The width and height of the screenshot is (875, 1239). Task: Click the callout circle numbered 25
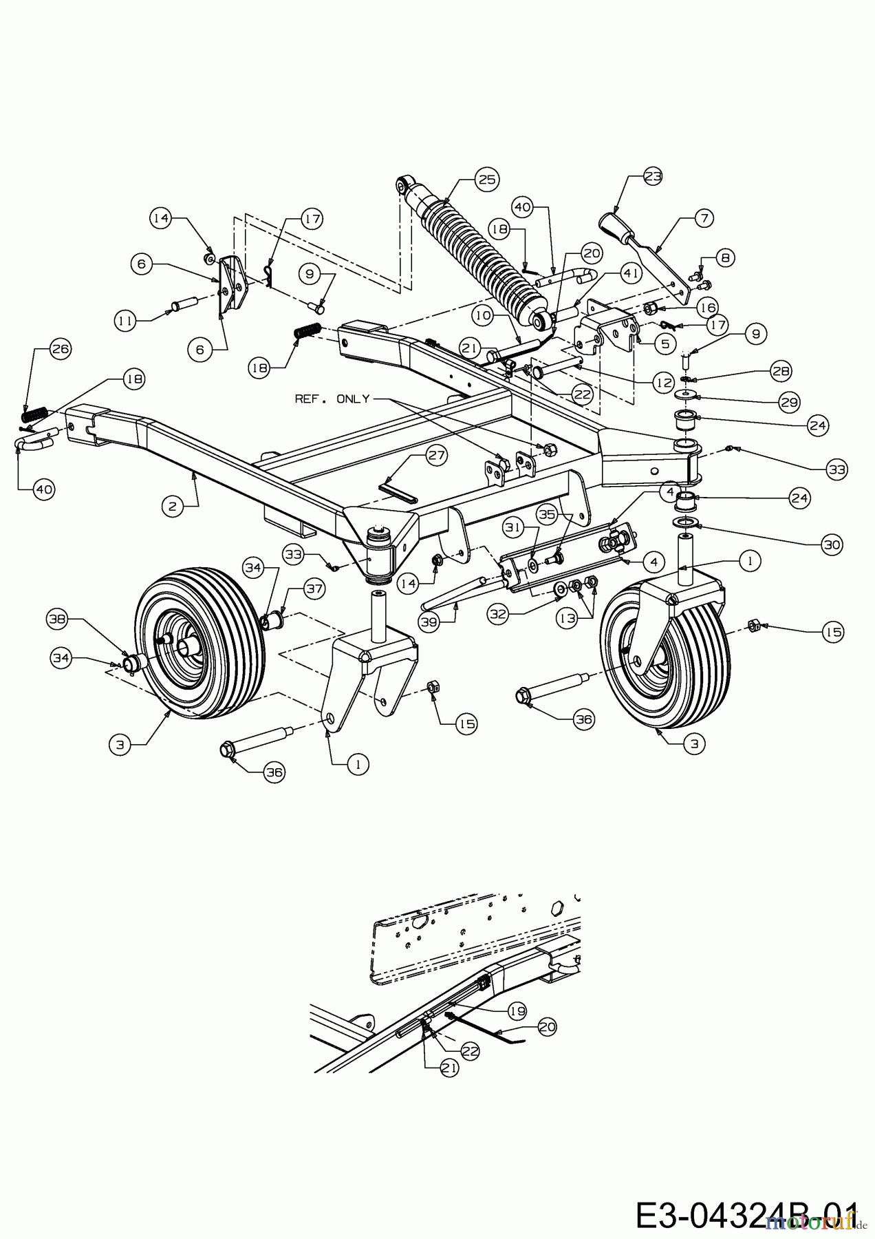point(486,180)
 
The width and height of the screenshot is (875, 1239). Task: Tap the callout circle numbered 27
point(437,455)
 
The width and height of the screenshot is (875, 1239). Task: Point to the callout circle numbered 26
point(61,349)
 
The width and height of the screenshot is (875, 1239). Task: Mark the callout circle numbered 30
point(832,544)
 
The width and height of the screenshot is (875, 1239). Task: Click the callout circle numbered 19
point(517,1011)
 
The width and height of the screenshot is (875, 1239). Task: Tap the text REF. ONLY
point(332,399)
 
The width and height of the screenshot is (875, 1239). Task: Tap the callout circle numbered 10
point(483,316)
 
